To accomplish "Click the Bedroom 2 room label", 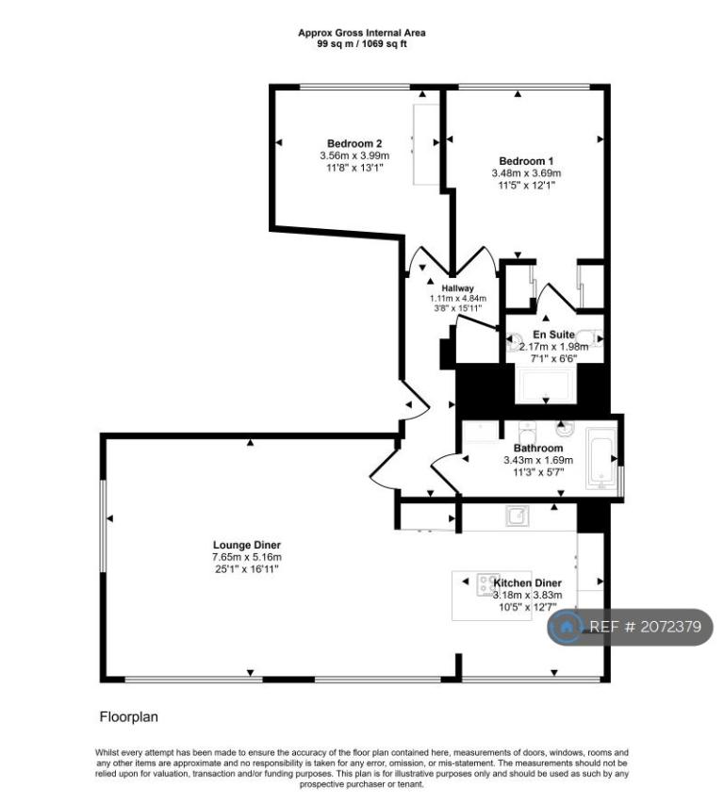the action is click(x=354, y=143).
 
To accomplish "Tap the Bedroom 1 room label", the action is click(x=526, y=161).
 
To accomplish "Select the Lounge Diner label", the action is click(x=247, y=545).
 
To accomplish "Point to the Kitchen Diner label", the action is click(x=527, y=582).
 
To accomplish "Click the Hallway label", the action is click(x=457, y=288).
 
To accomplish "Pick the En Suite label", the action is click(x=553, y=335).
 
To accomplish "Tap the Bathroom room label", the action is click(x=538, y=448).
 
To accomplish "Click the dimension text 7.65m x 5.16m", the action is click(x=247, y=557).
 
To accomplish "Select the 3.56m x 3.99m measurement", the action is click(x=354, y=156).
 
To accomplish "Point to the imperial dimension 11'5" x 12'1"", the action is click(x=526, y=186).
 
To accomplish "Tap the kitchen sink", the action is click(x=517, y=516).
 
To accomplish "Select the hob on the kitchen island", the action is click(x=488, y=585).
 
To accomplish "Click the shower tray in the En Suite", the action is click(x=546, y=385).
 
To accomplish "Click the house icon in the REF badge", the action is click(x=566, y=627).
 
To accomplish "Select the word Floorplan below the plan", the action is click(x=128, y=717).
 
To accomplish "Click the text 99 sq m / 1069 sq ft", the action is click(x=362, y=44).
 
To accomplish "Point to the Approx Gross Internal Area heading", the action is click(x=362, y=33).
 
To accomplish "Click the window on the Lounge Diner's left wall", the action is click(x=103, y=526).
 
